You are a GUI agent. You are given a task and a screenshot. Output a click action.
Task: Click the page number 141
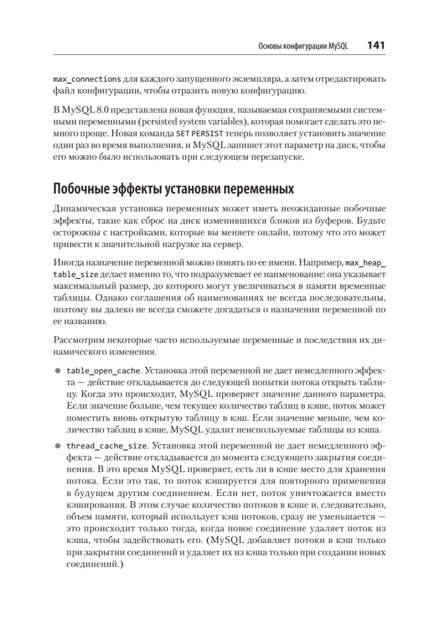click(x=376, y=45)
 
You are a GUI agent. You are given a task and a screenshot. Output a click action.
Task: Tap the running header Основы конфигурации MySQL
click(x=303, y=46)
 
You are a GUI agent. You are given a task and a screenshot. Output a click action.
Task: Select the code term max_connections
click(x=86, y=80)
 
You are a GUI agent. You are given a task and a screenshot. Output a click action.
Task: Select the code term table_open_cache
click(x=103, y=371)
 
